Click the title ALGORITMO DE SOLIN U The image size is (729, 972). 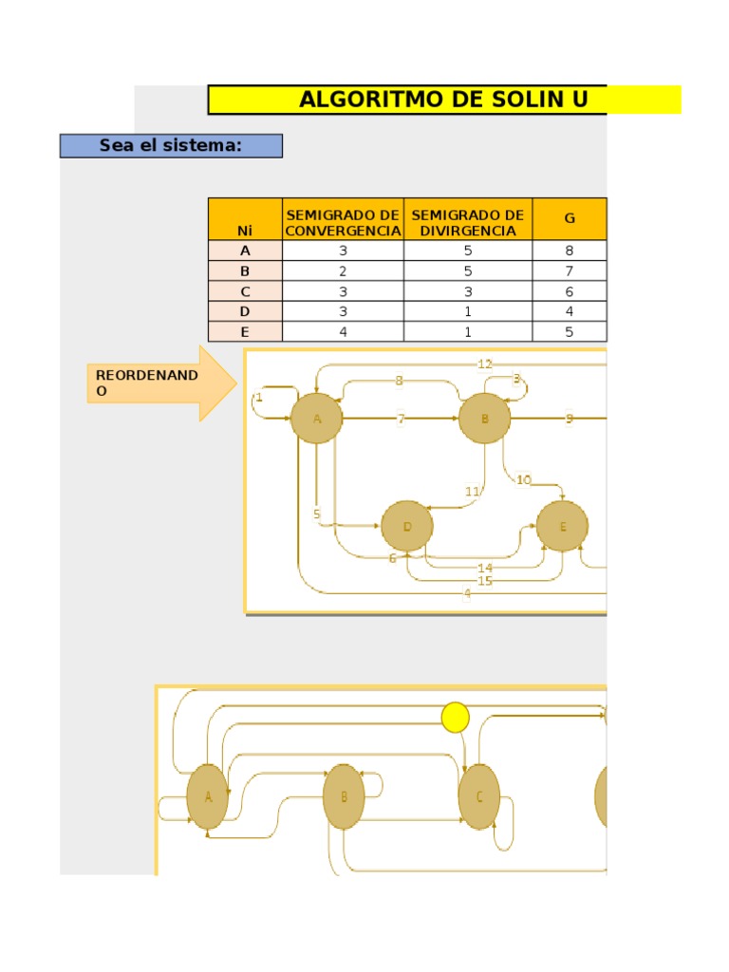pyautogui.click(x=443, y=100)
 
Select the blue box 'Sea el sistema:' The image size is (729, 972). pyautogui.click(x=171, y=145)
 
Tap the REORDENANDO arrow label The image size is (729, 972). pyautogui.click(x=133, y=383)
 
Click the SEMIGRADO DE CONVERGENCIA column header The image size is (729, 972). pyautogui.click(x=343, y=222)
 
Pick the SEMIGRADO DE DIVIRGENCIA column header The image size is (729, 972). pyautogui.click(x=467, y=222)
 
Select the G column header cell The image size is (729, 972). pyautogui.click(x=570, y=218)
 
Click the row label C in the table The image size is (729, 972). pyautogui.click(x=245, y=291)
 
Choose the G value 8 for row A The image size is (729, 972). pyautogui.click(x=570, y=251)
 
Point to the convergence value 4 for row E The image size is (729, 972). pyautogui.click(x=343, y=332)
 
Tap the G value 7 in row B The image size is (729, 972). pyautogui.click(x=570, y=271)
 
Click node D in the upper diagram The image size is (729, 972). pyautogui.click(x=407, y=526)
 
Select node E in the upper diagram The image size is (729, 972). pyautogui.click(x=562, y=526)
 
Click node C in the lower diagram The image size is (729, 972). pyautogui.click(x=479, y=796)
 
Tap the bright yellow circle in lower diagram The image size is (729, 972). pyautogui.click(x=456, y=718)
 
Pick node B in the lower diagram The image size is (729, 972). pyautogui.click(x=344, y=796)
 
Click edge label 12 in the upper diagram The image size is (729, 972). pyautogui.click(x=485, y=364)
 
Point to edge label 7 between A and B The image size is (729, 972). pyautogui.click(x=401, y=419)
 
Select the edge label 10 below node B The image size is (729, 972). pyautogui.click(x=523, y=479)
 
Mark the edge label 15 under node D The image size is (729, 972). pyautogui.click(x=485, y=580)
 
